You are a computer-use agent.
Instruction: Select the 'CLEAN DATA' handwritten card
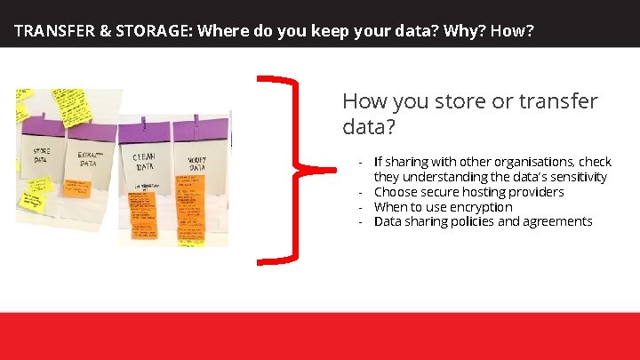[144, 162]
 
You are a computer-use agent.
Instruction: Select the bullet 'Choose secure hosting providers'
[468, 192]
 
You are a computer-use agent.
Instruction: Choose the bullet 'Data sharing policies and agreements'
[483, 221]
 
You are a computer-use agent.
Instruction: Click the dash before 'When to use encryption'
[360, 207]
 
